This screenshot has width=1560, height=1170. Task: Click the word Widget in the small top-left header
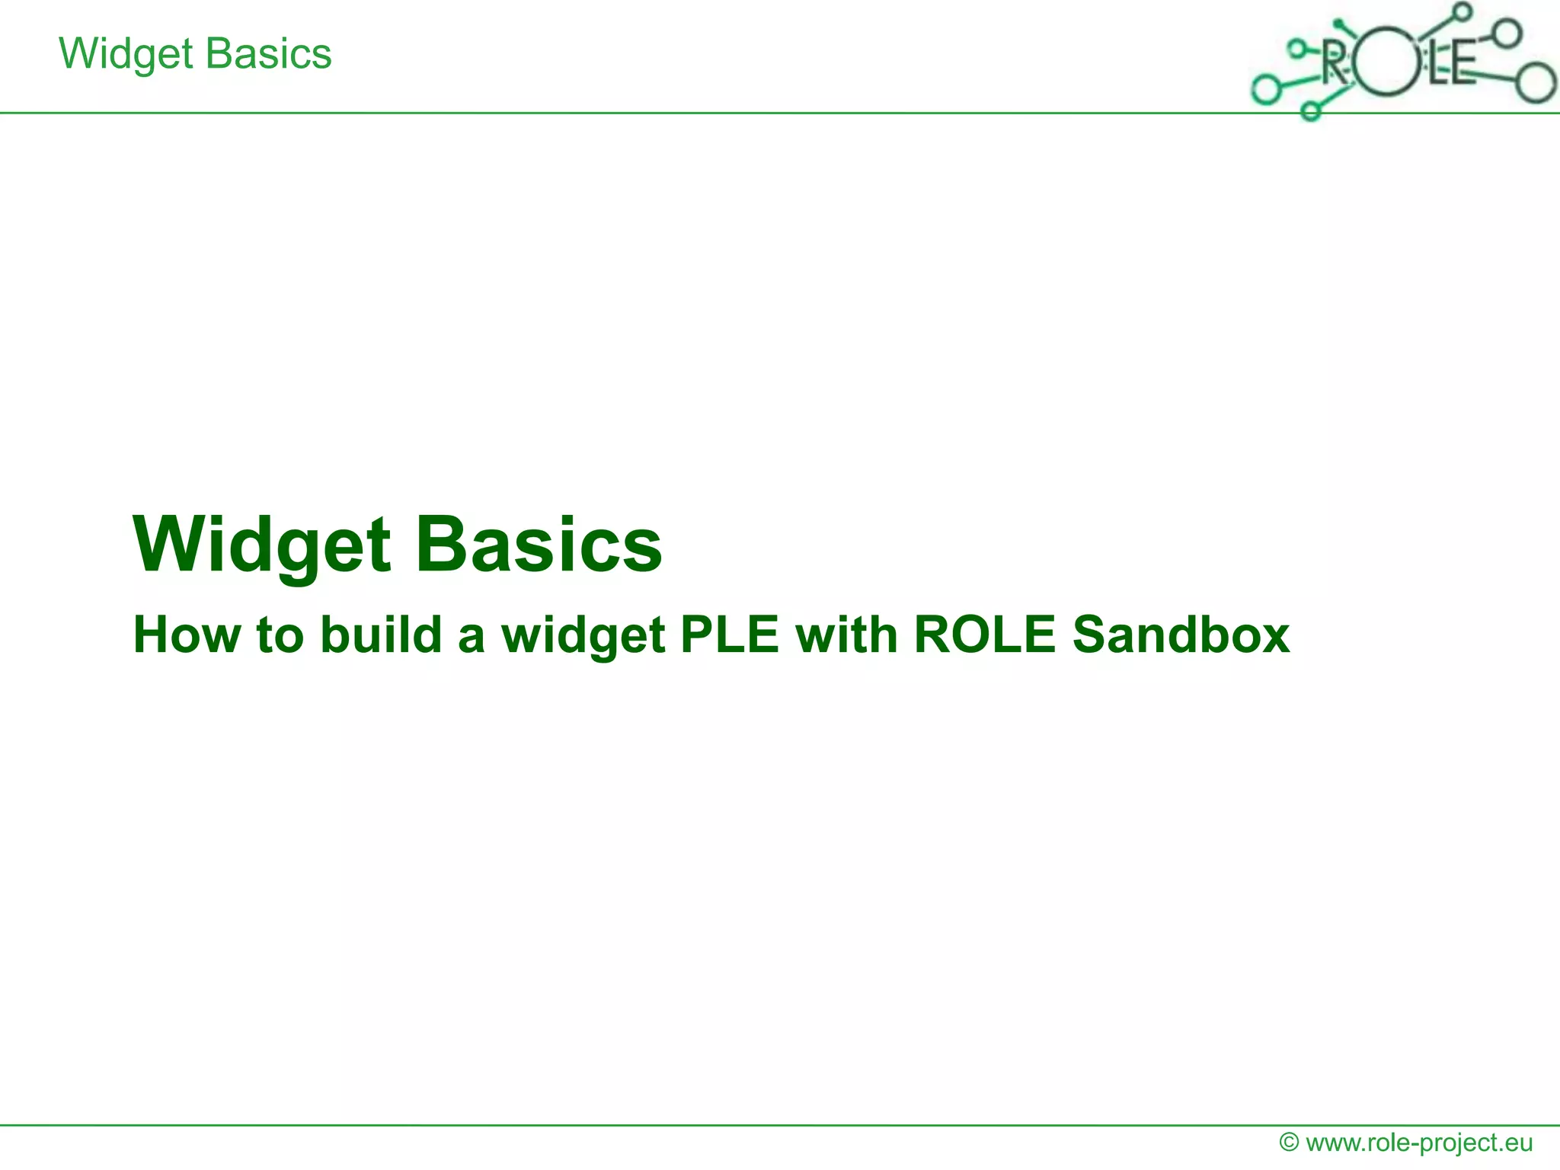[x=126, y=55]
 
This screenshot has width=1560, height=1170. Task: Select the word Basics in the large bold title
[x=539, y=544]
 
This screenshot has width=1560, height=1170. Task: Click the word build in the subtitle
[x=381, y=635]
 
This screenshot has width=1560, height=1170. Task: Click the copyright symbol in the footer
[x=1289, y=1143]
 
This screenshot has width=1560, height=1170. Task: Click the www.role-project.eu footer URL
[x=1419, y=1143]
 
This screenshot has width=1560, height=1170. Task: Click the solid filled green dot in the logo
[x=1338, y=24]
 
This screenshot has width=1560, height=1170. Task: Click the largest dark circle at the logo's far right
[x=1534, y=83]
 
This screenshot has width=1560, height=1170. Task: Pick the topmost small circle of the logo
[x=1462, y=11]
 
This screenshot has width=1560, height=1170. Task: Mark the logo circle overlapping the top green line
[x=1310, y=111]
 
